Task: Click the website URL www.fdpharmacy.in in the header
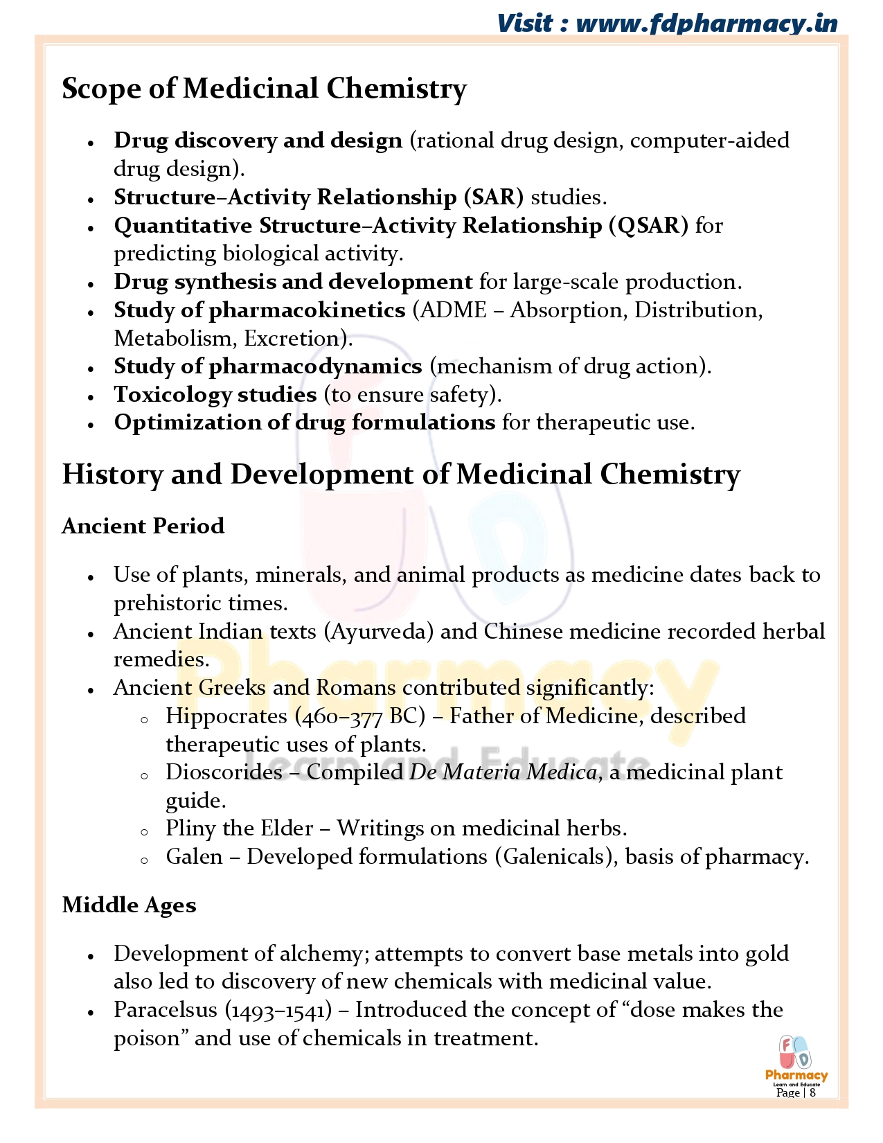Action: (706, 24)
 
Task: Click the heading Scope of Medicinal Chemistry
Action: (264, 89)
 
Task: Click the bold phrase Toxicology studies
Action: (215, 395)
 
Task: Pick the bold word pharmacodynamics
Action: (315, 366)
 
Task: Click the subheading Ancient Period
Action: (143, 526)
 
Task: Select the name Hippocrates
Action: (226, 716)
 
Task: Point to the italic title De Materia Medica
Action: (503, 772)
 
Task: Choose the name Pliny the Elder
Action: (239, 829)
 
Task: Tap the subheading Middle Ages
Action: (129, 905)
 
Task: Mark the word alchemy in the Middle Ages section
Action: (319, 954)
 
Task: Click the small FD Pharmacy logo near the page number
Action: (796, 1058)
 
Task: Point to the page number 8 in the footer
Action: (812, 1093)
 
